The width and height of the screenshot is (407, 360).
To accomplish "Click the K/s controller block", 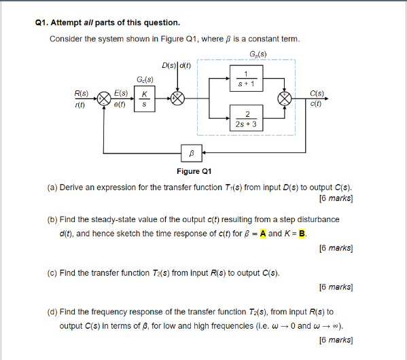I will (x=144, y=99).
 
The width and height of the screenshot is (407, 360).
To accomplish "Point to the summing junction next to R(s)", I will (x=104, y=99).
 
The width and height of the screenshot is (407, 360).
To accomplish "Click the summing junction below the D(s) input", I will (x=178, y=99).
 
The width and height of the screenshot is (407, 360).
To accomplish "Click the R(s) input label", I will (x=82, y=92).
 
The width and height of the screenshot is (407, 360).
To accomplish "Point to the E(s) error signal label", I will (x=122, y=92).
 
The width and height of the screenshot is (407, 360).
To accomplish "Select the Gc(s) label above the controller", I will (x=145, y=81).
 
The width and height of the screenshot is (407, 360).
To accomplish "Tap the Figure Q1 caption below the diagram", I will (x=192, y=172).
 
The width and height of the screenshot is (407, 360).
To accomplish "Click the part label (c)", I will (x=52, y=273).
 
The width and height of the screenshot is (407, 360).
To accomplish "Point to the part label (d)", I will (x=52, y=312).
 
